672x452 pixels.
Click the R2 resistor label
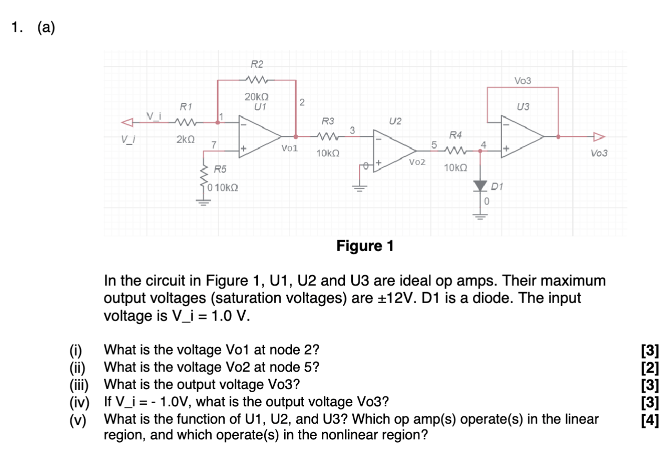coord(257,64)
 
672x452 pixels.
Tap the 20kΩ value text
coord(257,97)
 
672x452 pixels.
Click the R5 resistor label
coord(220,169)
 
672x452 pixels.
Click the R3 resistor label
coord(328,122)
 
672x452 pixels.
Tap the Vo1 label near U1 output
coord(289,149)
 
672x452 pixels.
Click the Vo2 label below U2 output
coord(417,163)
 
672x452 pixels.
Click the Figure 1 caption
coord(365,245)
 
